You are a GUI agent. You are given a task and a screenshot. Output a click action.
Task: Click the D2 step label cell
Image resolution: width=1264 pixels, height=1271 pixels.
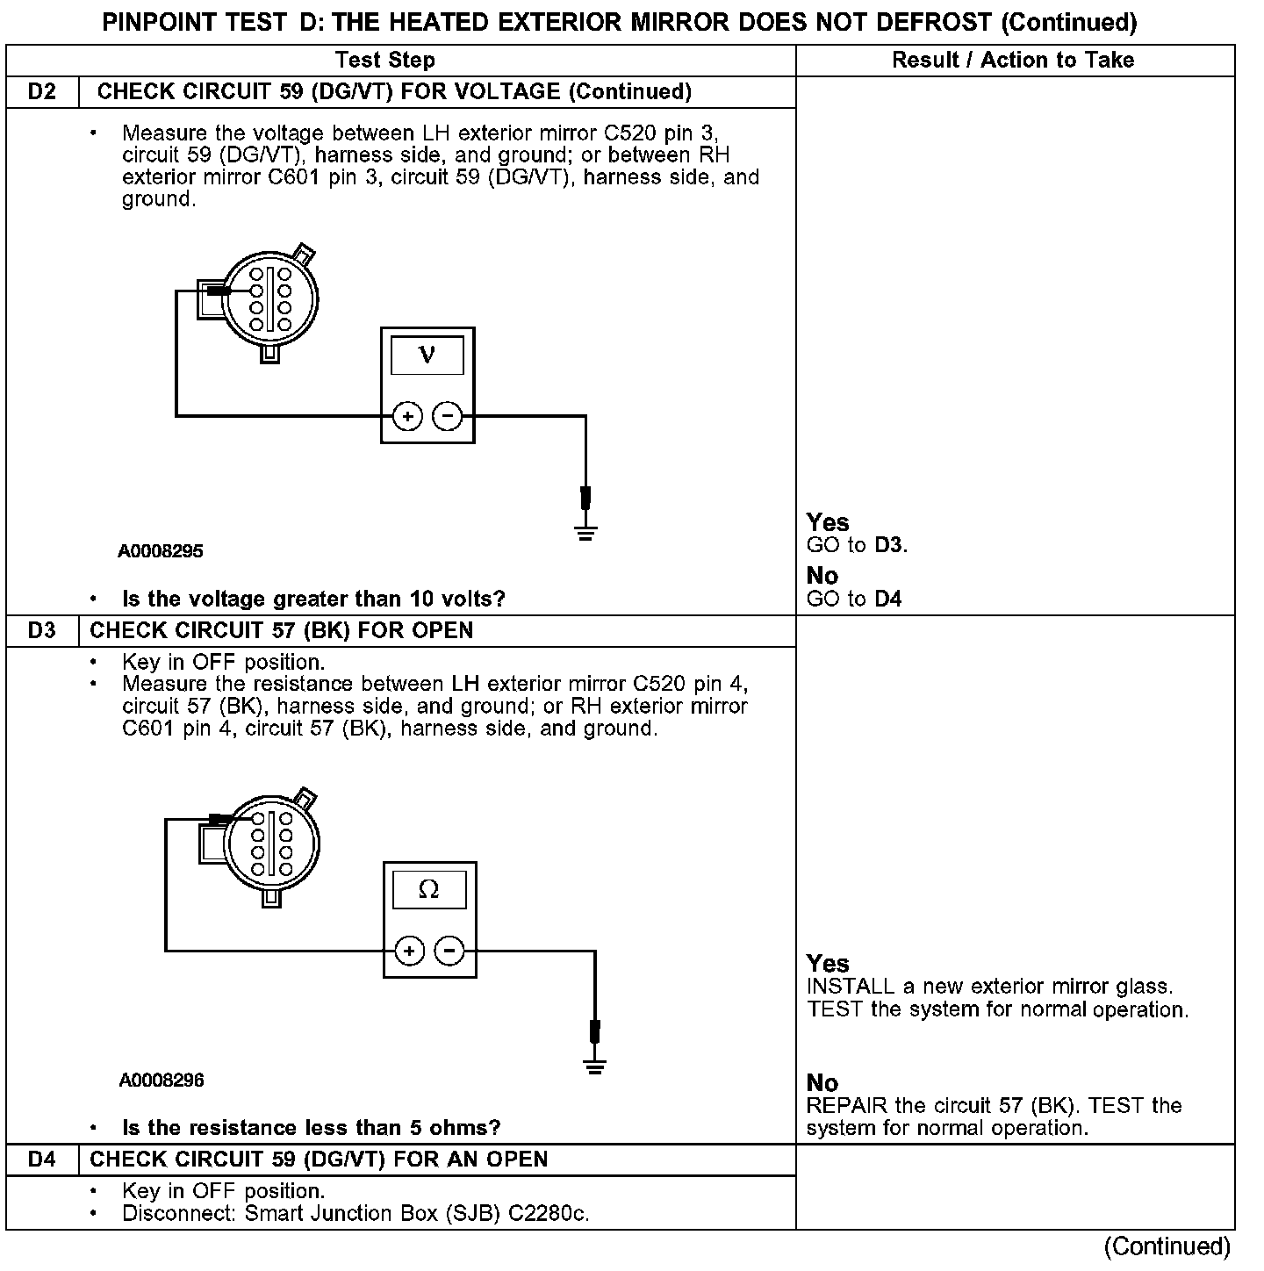tap(42, 92)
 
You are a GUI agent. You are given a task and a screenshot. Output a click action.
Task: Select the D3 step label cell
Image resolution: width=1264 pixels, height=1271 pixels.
tap(42, 631)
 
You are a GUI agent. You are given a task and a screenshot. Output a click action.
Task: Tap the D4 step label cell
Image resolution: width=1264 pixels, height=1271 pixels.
tap(42, 1160)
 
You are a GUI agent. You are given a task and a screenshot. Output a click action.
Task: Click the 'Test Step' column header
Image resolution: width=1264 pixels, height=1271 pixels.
tap(384, 61)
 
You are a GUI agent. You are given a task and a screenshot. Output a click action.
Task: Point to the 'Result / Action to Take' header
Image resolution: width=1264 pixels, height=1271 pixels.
tap(1013, 61)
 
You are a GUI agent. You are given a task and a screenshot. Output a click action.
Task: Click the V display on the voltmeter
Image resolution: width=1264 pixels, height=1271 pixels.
tap(427, 355)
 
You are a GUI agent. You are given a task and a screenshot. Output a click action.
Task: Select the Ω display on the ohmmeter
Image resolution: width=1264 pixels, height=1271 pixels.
tap(429, 890)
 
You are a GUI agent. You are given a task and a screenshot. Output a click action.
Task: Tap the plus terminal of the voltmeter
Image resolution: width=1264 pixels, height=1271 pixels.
tap(407, 416)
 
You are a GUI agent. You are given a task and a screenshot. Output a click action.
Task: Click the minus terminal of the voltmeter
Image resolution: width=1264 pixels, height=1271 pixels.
tap(448, 416)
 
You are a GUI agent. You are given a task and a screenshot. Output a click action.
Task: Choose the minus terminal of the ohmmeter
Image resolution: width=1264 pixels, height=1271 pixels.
tap(450, 951)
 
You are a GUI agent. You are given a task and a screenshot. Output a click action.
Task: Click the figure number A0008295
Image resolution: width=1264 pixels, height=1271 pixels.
tap(161, 551)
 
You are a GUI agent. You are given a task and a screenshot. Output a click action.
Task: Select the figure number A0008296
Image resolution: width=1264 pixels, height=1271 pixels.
tap(162, 1081)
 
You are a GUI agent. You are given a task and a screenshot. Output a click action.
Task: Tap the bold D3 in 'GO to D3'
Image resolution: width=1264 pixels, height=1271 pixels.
tap(888, 545)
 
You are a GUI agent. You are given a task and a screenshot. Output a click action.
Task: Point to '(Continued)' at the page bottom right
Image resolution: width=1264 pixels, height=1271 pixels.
tap(1167, 1246)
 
